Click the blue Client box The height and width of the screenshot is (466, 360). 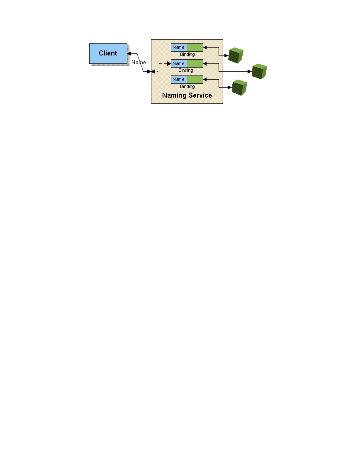pos(108,53)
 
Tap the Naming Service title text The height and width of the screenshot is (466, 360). pos(187,95)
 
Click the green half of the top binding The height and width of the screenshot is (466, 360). pos(195,47)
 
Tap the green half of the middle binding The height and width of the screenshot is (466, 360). pos(195,64)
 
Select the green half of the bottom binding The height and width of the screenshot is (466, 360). pos(195,79)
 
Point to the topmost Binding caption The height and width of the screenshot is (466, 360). pos(187,54)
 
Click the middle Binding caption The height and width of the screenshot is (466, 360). pos(186,70)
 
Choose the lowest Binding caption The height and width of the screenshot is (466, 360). pos(187,86)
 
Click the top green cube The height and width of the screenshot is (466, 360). pos(236,55)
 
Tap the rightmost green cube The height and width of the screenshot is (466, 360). pos(259,71)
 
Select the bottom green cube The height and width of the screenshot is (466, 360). pos(240,87)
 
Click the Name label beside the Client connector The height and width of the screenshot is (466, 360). pos(139,62)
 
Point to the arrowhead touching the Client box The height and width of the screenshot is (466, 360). pos(129,54)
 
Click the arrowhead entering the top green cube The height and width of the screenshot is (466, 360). pos(226,56)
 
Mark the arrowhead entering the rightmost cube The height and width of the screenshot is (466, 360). pos(250,71)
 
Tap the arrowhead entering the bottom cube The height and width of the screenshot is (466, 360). pos(230,87)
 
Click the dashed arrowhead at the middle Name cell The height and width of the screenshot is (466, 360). pos(169,64)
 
